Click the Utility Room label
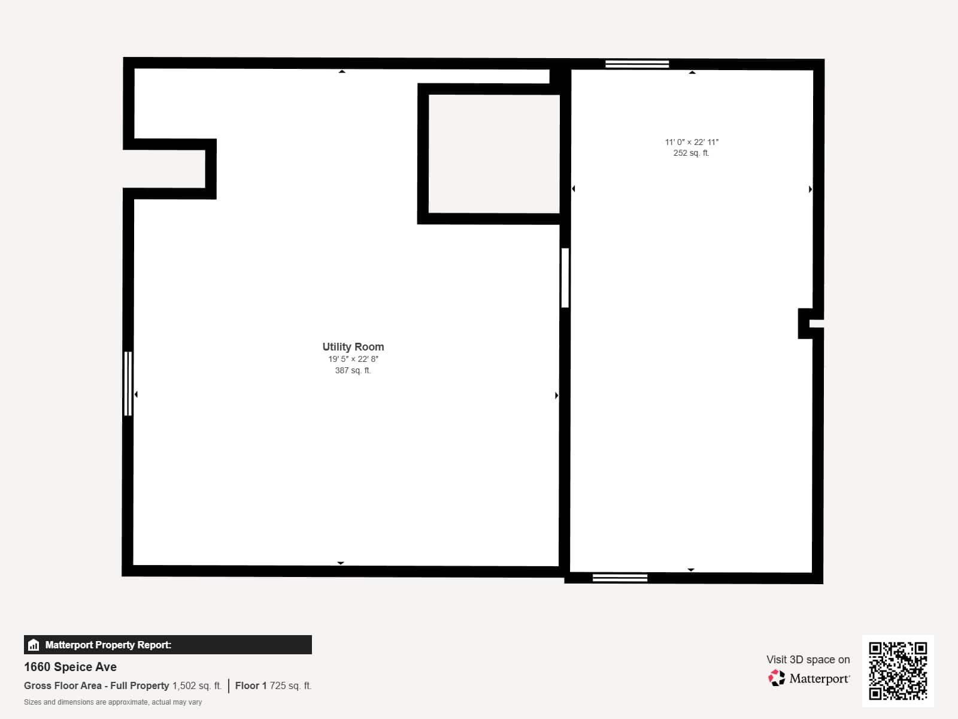(x=353, y=346)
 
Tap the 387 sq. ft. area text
(x=353, y=370)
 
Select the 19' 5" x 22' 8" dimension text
(x=353, y=359)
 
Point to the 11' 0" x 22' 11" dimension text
(x=691, y=142)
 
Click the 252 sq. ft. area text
(x=691, y=153)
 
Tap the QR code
(x=898, y=670)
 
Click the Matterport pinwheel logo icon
(x=777, y=678)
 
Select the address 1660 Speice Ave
(x=70, y=667)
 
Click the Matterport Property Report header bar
(x=168, y=645)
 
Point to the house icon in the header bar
(x=34, y=645)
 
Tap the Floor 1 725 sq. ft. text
(x=273, y=685)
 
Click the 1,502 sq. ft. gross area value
(x=197, y=685)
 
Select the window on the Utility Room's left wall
(x=128, y=383)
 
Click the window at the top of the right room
(x=636, y=64)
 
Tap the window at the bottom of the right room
(x=620, y=578)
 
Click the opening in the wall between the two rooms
(x=565, y=277)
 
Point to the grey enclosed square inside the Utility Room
(x=494, y=153)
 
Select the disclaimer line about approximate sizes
(x=113, y=702)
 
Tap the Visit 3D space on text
(x=808, y=659)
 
